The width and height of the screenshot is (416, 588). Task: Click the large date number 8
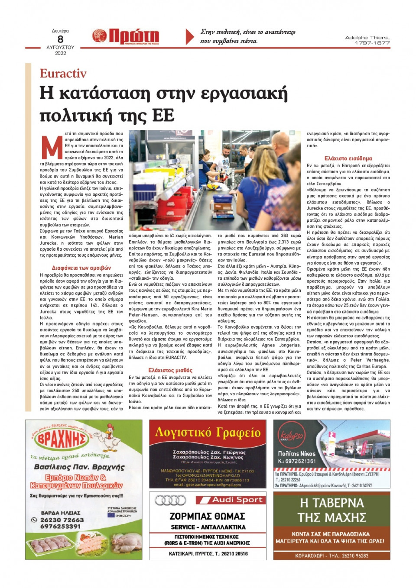[60, 39]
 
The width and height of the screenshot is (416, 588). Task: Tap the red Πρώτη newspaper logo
[126, 36]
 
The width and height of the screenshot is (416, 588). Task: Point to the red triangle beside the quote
[189, 36]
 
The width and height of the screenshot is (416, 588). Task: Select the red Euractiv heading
[63, 73]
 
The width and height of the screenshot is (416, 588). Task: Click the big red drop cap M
[52, 147]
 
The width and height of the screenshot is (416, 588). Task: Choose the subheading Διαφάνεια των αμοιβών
[81, 268]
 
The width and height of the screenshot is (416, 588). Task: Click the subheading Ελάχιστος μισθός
[170, 370]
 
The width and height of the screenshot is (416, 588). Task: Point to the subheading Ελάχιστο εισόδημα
[348, 158]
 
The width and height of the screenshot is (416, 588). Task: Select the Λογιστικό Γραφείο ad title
[208, 432]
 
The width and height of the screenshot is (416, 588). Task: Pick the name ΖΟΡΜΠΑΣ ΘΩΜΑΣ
[208, 516]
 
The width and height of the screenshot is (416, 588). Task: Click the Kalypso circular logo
[290, 436]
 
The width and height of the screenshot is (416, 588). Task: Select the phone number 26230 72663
[62, 520]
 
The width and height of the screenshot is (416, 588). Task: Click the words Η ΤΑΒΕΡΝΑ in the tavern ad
[332, 503]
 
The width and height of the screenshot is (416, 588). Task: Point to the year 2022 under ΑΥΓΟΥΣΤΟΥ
[60, 53]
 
